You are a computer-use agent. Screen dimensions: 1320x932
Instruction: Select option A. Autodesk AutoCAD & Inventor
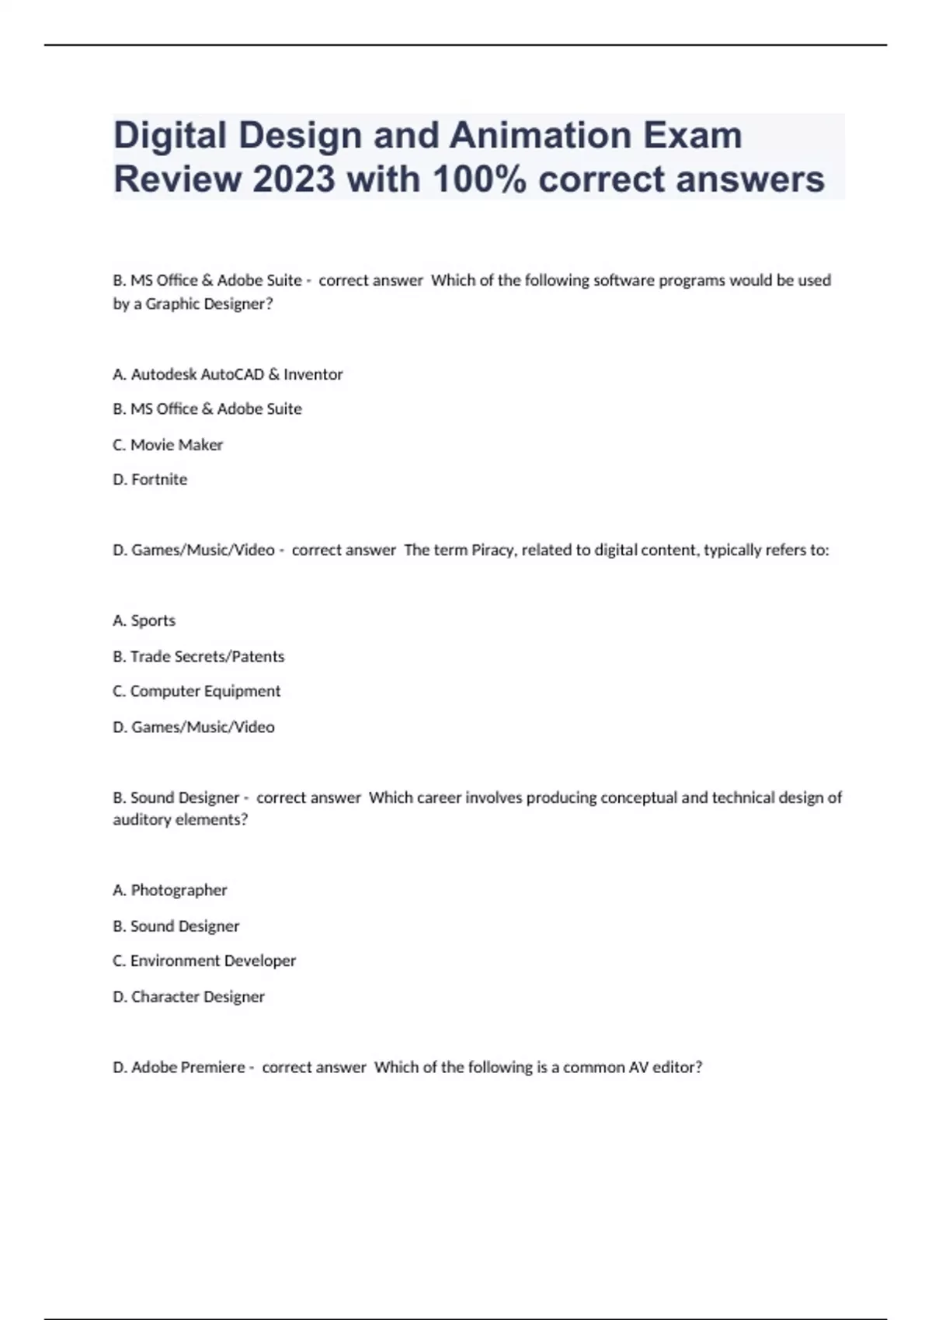(x=228, y=374)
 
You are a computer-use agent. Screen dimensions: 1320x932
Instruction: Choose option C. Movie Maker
(x=168, y=445)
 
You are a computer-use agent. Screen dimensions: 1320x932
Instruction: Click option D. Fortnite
(x=150, y=480)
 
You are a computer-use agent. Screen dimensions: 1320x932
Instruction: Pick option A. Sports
(x=144, y=620)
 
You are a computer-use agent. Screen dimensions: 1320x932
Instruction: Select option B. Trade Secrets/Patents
(x=199, y=656)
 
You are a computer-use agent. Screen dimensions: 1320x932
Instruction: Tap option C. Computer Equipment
(x=196, y=691)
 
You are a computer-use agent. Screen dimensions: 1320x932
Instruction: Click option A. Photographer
(x=170, y=890)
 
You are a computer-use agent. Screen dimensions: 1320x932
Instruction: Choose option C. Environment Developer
(x=204, y=960)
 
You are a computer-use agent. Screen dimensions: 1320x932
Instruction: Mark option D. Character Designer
(x=189, y=996)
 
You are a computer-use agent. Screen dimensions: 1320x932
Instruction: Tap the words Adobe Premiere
(x=188, y=1067)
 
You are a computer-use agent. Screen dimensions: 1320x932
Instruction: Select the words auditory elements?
(x=180, y=820)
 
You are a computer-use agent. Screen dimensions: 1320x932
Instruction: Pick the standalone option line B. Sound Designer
(x=176, y=926)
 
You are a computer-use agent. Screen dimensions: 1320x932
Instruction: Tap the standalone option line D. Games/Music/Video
(x=194, y=727)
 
